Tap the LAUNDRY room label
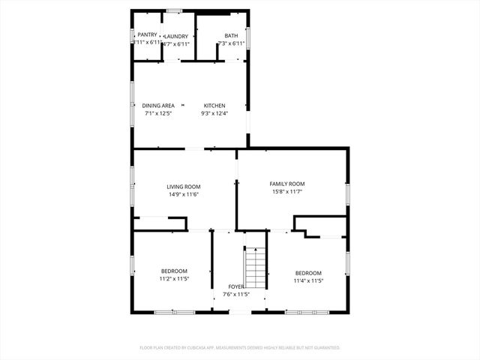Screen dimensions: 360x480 coord(177,36)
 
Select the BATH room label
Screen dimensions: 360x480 coord(231,36)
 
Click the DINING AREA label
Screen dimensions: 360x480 coord(158,106)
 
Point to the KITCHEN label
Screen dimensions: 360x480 coord(214,106)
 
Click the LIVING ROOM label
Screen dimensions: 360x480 coord(184,187)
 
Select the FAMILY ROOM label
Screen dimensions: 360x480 coord(287,184)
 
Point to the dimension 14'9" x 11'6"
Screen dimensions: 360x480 coord(184,195)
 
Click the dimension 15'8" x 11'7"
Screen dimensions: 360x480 coord(287,192)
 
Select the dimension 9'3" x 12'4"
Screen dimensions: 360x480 coord(214,114)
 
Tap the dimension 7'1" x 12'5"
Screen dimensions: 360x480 coord(158,114)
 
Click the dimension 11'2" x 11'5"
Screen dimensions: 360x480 coord(174,279)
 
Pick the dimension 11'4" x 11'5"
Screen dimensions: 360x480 coord(308,281)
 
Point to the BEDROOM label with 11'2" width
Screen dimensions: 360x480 coord(174,271)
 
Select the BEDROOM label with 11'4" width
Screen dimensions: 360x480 coord(308,273)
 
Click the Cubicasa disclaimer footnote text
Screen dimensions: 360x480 coord(240,348)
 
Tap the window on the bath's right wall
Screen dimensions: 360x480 coord(248,37)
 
